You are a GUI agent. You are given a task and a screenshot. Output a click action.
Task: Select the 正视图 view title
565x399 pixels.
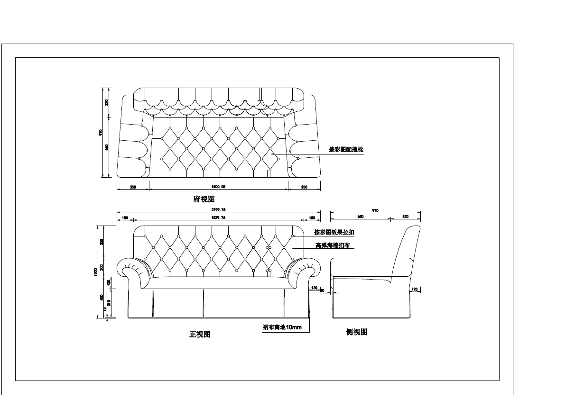click(x=200, y=335)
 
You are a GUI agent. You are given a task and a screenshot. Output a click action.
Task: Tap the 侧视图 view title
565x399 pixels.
click(x=357, y=332)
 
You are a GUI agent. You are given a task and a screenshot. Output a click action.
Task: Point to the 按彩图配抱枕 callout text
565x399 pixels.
click(x=346, y=150)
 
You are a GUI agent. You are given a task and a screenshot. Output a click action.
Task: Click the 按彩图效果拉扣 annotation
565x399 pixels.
click(x=334, y=233)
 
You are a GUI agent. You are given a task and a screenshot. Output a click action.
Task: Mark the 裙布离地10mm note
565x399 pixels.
click(x=282, y=327)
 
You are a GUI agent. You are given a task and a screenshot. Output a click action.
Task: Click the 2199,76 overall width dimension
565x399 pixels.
click(x=218, y=210)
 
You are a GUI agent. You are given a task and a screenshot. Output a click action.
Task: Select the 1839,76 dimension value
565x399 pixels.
click(x=218, y=218)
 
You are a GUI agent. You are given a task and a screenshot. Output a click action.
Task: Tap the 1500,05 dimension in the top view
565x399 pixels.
click(x=218, y=187)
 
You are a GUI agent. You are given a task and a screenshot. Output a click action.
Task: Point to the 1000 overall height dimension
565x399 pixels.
click(x=95, y=272)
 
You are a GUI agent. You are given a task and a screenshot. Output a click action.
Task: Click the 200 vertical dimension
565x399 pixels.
click(x=102, y=267)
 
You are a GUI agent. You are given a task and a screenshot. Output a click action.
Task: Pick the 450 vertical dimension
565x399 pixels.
click(x=102, y=298)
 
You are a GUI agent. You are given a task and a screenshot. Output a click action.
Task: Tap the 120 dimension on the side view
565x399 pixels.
click(x=414, y=289)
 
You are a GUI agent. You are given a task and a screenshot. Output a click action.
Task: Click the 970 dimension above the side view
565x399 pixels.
click(x=375, y=210)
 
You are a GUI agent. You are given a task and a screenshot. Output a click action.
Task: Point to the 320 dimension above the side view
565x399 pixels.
click(x=405, y=217)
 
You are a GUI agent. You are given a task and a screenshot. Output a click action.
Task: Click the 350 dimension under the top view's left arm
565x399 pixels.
click(x=133, y=187)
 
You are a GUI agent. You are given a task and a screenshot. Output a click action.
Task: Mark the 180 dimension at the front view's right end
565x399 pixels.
click(x=312, y=218)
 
